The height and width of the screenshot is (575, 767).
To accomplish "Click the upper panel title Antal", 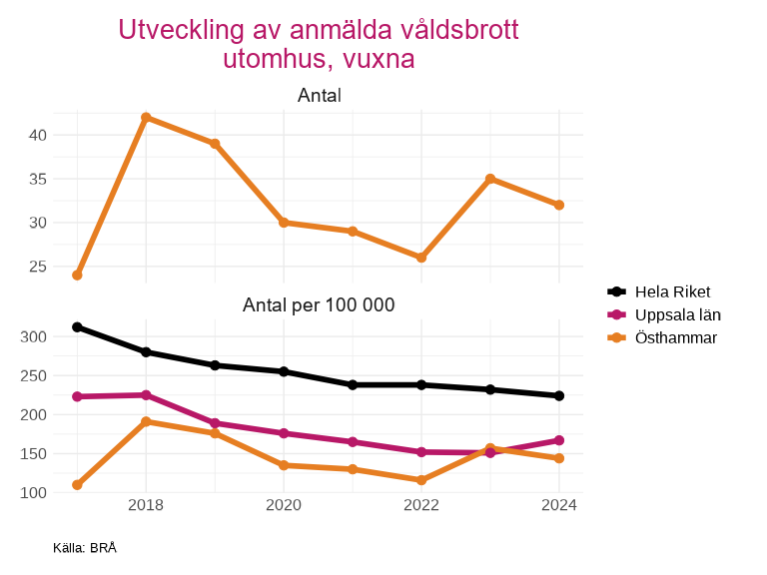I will click(x=319, y=96).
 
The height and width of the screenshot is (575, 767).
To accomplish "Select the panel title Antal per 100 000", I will click(x=319, y=305).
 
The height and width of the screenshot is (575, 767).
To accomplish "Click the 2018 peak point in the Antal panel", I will click(x=146, y=118).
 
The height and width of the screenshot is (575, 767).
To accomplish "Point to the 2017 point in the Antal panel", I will click(x=77, y=275).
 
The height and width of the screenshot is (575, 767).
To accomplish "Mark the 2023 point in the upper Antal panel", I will click(x=490, y=179).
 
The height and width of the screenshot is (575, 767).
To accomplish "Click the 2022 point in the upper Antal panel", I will click(x=421, y=258).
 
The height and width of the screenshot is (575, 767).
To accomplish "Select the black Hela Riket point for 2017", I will click(x=77, y=327).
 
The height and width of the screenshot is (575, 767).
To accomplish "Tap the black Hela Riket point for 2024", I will click(x=559, y=396).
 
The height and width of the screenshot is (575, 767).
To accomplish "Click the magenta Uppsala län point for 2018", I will click(x=146, y=395).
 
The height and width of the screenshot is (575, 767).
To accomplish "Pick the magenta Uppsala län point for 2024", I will click(x=559, y=440).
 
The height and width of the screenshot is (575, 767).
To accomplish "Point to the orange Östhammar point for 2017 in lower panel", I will click(x=77, y=485).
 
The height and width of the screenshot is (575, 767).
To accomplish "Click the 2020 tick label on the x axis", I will click(x=284, y=506).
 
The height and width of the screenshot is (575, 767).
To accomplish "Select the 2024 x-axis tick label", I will click(x=559, y=506).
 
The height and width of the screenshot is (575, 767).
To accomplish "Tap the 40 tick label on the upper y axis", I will click(x=37, y=135).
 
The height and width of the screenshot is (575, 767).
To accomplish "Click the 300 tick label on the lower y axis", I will click(x=34, y=337).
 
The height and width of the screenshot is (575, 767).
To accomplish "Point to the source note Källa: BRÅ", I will click(x=85, y=548).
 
